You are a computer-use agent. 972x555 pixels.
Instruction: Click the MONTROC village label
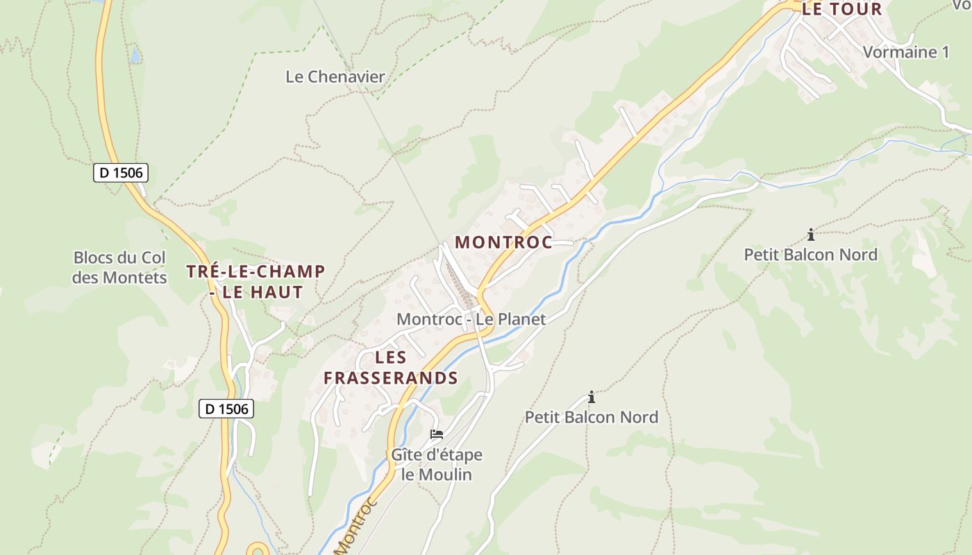[503, 242]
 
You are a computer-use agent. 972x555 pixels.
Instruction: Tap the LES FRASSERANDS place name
[391, 368]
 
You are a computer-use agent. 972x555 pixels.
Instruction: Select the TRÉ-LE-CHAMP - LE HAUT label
[255, 281]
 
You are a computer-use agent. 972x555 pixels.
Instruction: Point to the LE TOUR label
[841, 9]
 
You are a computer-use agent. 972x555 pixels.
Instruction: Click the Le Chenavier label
[335, 76]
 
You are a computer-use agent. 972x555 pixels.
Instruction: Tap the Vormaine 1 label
[905, 51]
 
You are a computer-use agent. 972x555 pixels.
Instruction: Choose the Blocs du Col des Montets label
[120, 268]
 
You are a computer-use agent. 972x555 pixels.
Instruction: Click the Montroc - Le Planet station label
[471, 319]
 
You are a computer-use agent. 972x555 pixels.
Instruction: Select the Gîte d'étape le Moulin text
[437, 465]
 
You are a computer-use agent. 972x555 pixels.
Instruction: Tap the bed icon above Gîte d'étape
[437, 434]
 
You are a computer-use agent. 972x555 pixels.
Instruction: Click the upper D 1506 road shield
[121, 173]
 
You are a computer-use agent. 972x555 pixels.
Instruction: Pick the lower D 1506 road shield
[226, 409]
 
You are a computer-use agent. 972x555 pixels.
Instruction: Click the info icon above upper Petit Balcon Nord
[810, 234]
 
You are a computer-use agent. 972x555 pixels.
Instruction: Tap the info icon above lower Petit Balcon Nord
[592, 397]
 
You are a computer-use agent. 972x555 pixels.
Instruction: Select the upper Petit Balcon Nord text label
[810, 255]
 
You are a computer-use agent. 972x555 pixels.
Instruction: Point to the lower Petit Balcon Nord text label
[592, 417]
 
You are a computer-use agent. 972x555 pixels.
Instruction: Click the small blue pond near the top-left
[135, 54]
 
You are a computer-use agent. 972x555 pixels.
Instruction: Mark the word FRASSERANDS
[391, 378]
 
